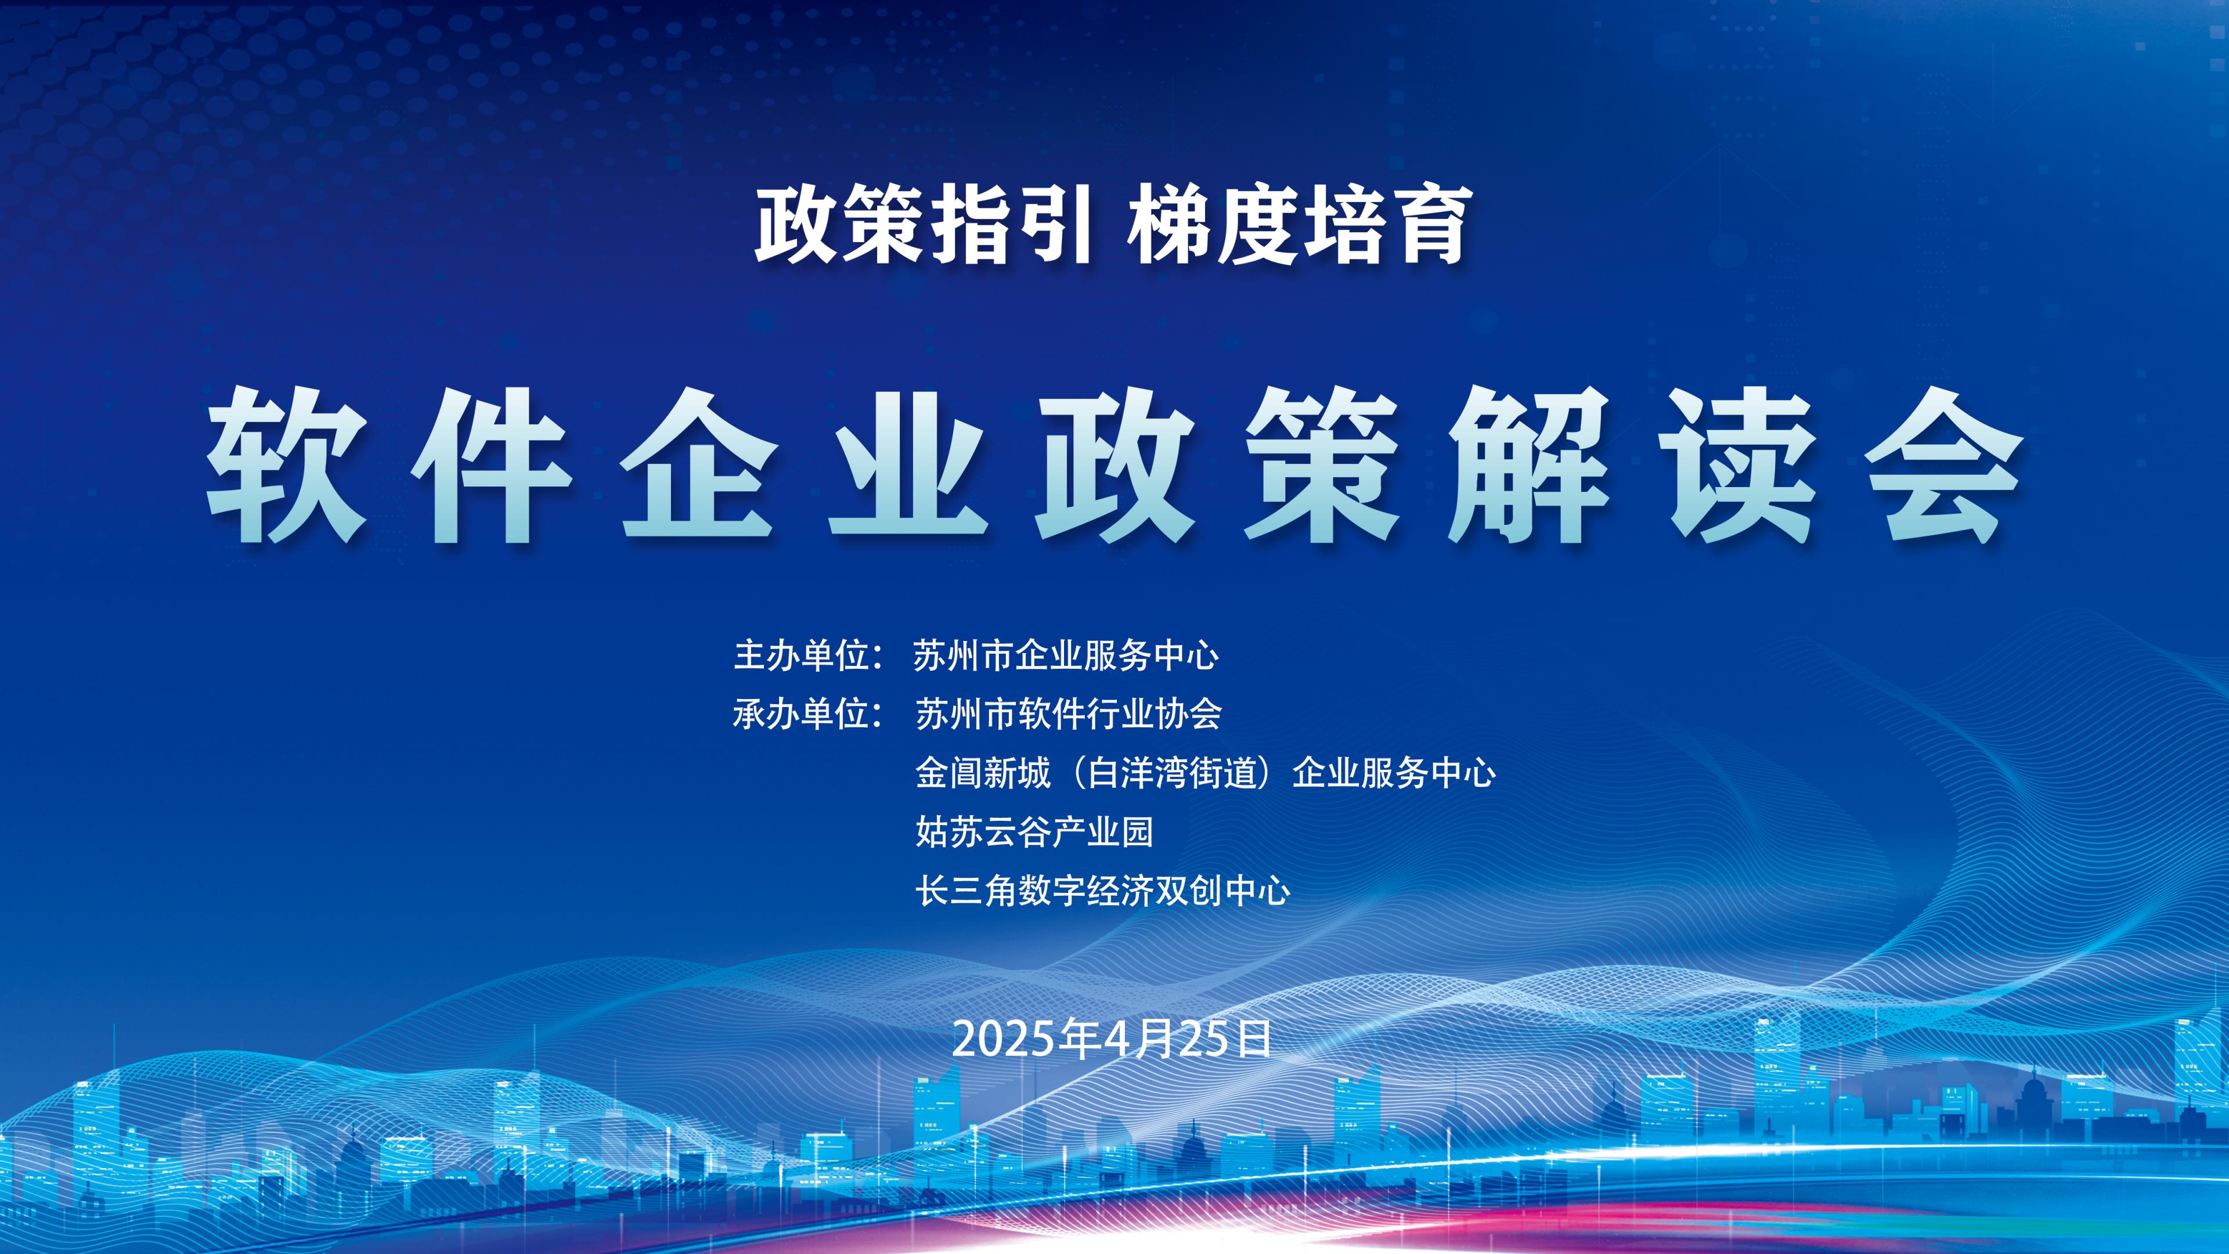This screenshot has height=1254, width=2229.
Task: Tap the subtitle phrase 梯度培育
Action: tap(1296, 227)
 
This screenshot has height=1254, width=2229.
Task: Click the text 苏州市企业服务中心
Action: tap(1066, 655)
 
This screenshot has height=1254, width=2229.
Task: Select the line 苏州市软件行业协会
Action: tap(1069, 714)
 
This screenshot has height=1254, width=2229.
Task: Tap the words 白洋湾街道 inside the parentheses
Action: tap(1171, 773)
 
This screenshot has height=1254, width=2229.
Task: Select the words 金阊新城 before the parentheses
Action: tap(983, 773)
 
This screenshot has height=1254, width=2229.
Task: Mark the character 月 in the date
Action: tap(1160, 1039)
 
